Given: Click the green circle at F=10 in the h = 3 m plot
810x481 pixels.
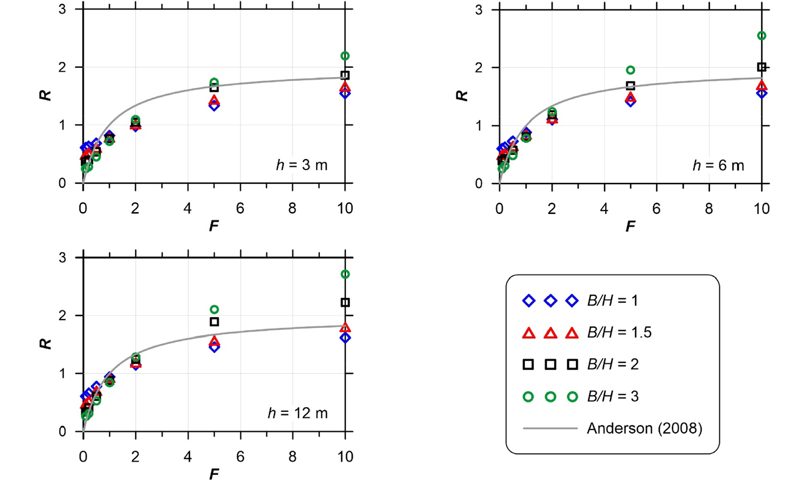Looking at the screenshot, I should pos(345,56).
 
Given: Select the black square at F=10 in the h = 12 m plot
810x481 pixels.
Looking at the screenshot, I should pos(345,302).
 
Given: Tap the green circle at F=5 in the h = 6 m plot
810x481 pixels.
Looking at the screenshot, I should pos(630,70).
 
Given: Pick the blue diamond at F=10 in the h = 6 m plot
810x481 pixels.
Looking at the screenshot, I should pos(762,93).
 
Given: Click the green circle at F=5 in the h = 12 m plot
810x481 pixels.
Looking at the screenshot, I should pos(215,309).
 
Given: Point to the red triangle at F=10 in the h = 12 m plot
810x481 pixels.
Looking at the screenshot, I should pos(345,328).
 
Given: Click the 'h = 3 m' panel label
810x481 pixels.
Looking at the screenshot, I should pos(302,165).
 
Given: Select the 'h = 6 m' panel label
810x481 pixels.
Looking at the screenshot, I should pos(718,166).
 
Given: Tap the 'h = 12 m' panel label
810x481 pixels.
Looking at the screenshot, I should pos(298,413).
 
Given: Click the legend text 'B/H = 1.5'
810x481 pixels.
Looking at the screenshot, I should pos(619,332).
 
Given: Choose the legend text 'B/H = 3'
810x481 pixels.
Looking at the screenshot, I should pos(613,396).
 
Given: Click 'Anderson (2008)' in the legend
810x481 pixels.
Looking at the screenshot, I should pos(644,428).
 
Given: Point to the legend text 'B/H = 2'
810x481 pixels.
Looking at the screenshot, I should pos(613,364).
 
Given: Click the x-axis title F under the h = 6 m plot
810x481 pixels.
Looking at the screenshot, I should pos(630,227).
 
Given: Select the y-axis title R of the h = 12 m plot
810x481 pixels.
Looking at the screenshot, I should pos(45,344).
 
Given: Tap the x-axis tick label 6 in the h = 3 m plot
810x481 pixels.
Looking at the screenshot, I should pos(240,208).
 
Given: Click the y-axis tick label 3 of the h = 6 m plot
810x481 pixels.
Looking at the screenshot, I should pos(479,10).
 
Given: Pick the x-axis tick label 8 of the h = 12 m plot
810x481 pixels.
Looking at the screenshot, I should pos(292,457).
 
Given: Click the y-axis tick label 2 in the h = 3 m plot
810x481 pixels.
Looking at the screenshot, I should pos(62,67).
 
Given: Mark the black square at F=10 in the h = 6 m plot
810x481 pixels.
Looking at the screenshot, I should pos(762,67).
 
